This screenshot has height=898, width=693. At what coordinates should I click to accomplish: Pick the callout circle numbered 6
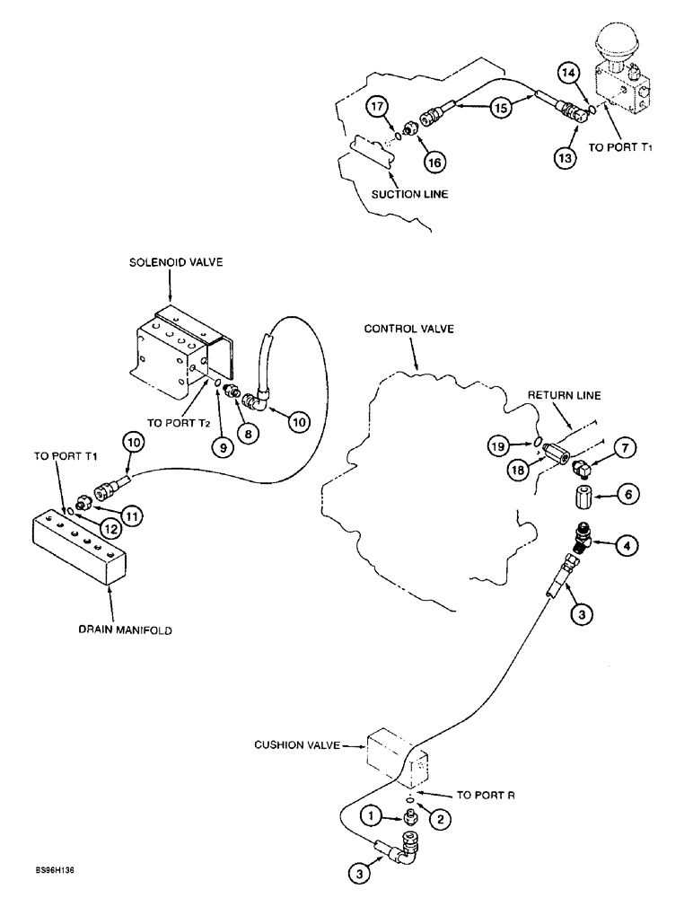click(627, 492)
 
